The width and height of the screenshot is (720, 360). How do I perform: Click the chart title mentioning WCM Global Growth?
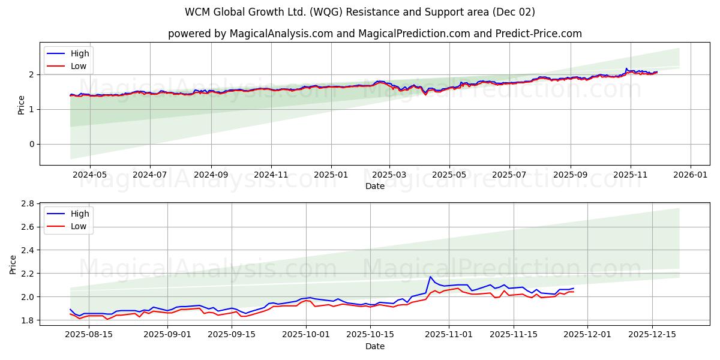pyautogui.click(x=360, y=12)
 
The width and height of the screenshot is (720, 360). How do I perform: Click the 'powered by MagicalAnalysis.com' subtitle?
pyautogui.click(x=374, y=34)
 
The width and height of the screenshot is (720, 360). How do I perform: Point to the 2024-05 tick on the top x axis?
pyautogui.click(x=89, y=175)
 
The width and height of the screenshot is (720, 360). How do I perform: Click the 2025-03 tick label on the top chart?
pyautogui.click(x=389, y=175)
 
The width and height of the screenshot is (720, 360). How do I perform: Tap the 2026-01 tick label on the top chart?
pyautogui.click(x=691, y=175)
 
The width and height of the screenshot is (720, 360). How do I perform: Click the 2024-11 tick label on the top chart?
pyautogui.click(x=271, y=175)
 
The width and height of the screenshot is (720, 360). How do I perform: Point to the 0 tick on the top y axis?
pyautogui.click(x=32, y=144)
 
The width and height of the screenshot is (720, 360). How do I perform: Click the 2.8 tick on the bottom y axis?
pyautogui.click(x=28, y=203)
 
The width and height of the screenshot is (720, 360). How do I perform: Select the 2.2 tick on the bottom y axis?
pyautogui.click(x=28, y=274)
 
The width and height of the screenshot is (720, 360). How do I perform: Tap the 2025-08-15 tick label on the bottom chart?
pyautogui.click(x=89, y=335)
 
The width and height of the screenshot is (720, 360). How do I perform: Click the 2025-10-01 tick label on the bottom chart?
pyautogui.click(x=307, y=335)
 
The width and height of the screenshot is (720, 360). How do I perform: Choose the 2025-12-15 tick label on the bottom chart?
pyautogui.click(x=652, y=335)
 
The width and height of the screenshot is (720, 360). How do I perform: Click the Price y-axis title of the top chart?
pyautogui.click(x=22, y=104)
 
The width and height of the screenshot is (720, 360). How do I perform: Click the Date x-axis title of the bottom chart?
pyautogui.click(x=374, y=346)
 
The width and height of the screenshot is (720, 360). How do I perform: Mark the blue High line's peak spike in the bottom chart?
pyautogui.click(x=430, y=277)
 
